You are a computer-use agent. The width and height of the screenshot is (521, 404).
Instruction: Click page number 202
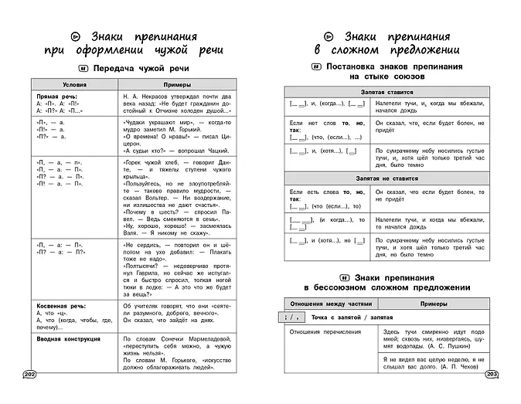tap(29, 375)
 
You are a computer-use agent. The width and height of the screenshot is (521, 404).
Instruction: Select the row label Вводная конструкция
tap(70, 338)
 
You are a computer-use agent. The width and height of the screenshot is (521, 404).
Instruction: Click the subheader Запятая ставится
tap(389, 92)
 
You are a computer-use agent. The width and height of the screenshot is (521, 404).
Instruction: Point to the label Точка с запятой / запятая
tap(352, 317)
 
